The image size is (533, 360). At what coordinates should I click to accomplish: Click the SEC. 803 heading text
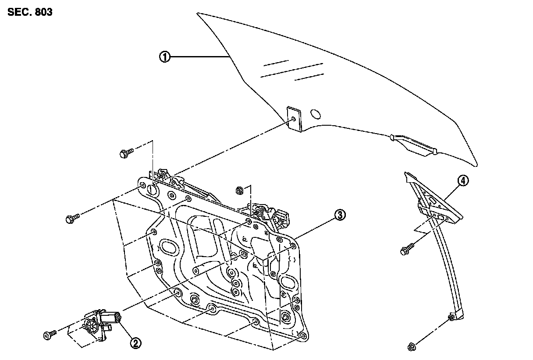30,12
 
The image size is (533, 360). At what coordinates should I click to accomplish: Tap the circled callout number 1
165,57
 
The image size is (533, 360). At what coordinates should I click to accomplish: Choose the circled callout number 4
463,180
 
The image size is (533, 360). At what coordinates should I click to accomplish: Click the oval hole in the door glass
315,114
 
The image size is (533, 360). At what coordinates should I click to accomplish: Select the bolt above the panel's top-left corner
125,153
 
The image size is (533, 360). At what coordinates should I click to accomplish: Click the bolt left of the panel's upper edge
72,219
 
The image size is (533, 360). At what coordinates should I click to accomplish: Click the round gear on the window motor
91,325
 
